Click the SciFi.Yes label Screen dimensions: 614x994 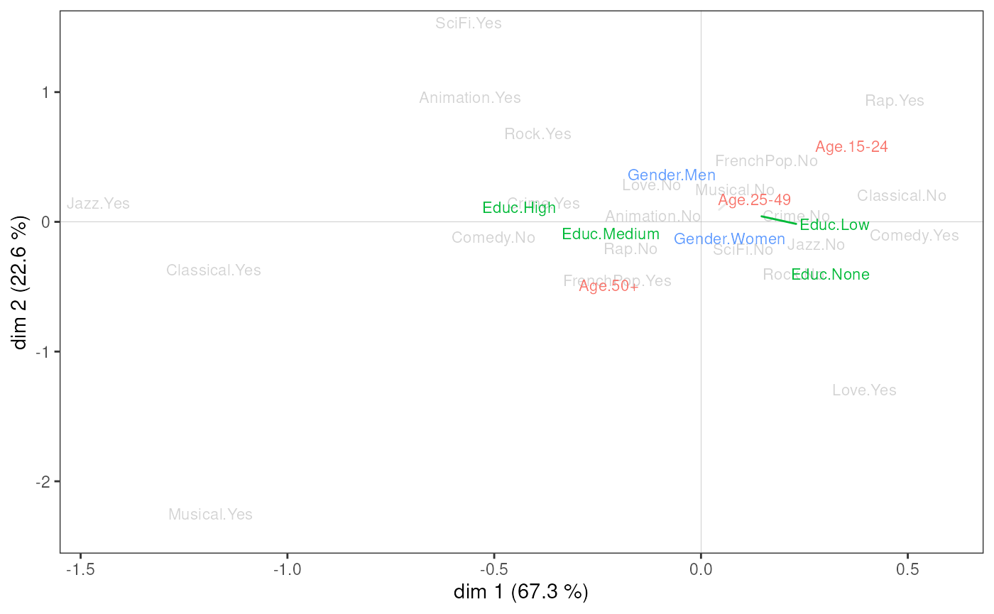[469, 23]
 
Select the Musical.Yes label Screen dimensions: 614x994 [210, 515]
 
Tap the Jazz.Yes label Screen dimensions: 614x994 [98, 204]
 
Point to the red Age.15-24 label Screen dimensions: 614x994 [851, 147]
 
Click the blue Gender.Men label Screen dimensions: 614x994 [672, 175]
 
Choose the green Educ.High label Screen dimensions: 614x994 [519, 208]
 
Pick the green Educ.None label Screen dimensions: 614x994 [830, 275]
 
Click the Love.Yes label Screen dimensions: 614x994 [864, 390]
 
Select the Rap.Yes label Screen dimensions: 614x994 [895, 101]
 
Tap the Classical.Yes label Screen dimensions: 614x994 [214, 270]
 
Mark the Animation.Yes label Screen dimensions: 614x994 [470, 98]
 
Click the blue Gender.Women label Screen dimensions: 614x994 [729, 239]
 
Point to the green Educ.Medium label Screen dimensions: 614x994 [611, 234]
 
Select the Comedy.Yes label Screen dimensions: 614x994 [914, 236]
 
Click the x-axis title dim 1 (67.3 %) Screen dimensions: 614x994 [521, 592]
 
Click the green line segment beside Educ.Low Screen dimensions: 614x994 [778, 219]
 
